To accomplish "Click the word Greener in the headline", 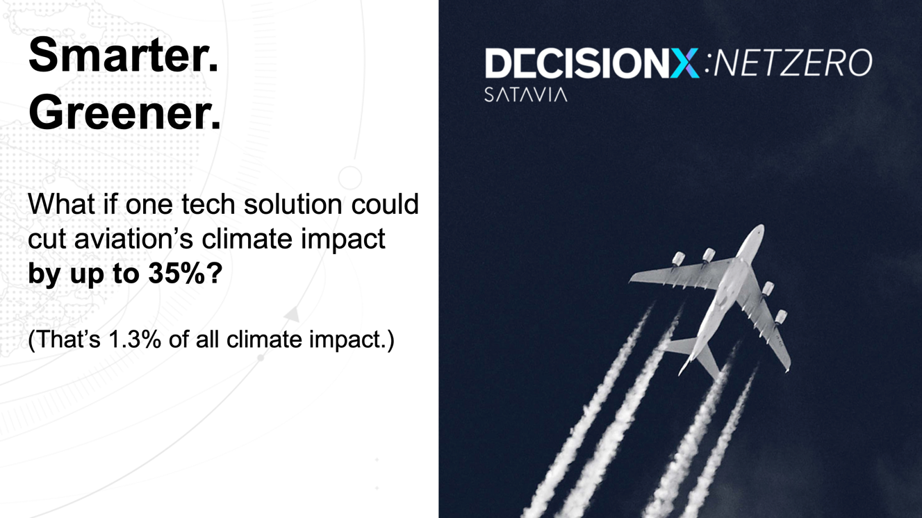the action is (120, 112).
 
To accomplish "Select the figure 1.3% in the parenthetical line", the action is (134, 340).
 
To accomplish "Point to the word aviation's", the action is (133, 239).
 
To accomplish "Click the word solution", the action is (293, 204).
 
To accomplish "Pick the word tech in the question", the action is (208, 204).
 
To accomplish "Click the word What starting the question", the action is (62, 204).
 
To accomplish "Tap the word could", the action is (384, 204).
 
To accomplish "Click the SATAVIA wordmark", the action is (526, 94).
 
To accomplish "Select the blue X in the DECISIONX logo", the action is (684, 63).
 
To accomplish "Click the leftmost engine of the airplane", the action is (678, 259).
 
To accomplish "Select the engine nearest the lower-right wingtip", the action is (780, 317).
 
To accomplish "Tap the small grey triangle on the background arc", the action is (292, 315).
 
